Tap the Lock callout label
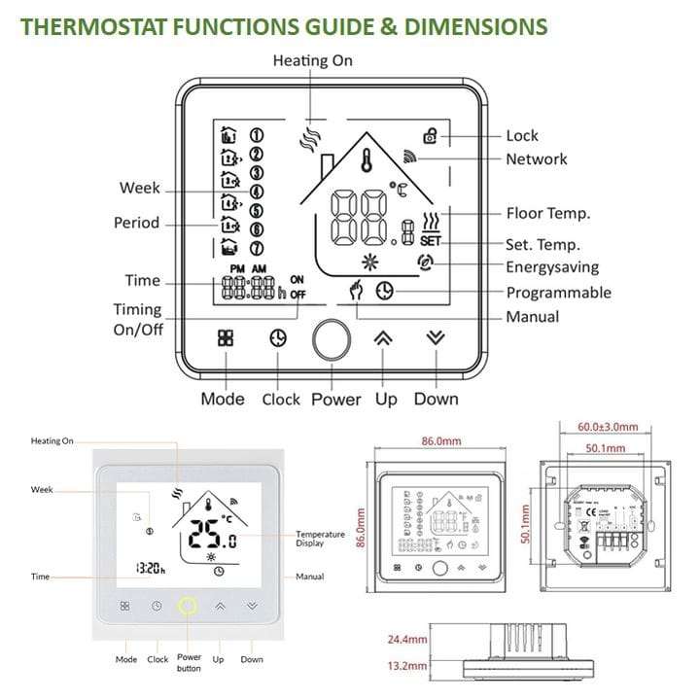point(521,136)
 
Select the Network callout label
point(536,159)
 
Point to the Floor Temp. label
point(547,214)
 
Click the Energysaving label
point(551,267)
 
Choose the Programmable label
point(558,293)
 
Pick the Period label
point(136,223)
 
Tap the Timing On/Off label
point(137,319)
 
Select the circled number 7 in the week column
point(258,246)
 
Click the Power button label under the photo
point(189,663)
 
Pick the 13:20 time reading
point(150,569)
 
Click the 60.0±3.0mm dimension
point(608,427)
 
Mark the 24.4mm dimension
point(407,640)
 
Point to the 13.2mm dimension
point(407,667)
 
